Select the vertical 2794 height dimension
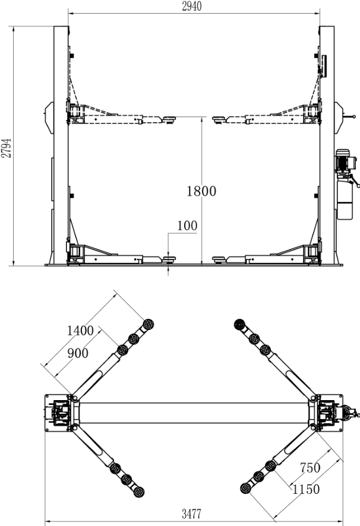click(x=6, y=145)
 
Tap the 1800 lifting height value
click(x=201, y=191)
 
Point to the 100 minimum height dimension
click(x=187, y=226)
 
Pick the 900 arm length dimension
click(x=77, y=353)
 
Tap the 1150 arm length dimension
click(x=305, y=489)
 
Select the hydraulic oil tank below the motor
click(x=345, y=199)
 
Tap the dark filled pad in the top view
click(x=241, y=325)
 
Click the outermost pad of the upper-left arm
click(x=148, y=325)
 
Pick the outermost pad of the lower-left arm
click(x=140, y=491)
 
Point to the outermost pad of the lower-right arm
click(x=245, y=488)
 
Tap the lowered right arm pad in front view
click(x=219, y=258)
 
